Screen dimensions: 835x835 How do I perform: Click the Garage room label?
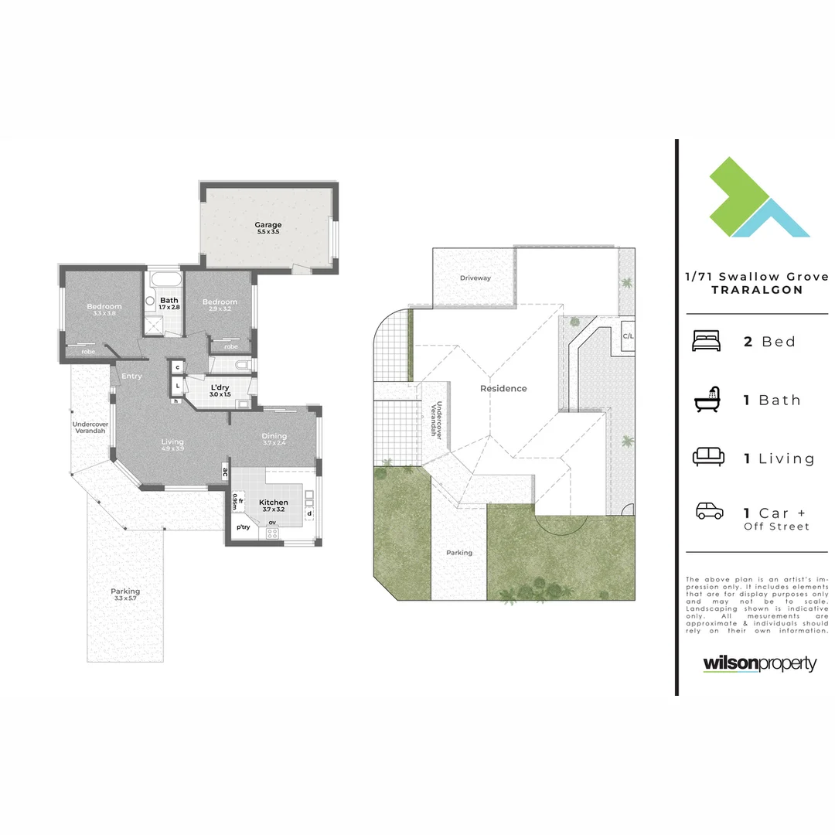point(268,225)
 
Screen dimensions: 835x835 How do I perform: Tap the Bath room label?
point(169,301)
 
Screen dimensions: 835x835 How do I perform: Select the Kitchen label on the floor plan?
point(274,503)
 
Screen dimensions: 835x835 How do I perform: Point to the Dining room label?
point(274,436)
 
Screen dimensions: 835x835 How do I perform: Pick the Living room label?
point(172,442)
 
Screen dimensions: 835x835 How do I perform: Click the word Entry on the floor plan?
point(131,377)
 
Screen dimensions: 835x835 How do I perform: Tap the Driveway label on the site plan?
point(475,278)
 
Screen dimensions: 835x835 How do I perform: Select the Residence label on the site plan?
point(503,389)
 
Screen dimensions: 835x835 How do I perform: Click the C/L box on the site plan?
point(628,336)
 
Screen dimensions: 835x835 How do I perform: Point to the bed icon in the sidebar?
point(705,341)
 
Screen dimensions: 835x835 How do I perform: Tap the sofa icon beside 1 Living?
point(707,458)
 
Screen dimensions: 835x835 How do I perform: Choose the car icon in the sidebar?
point(709,512)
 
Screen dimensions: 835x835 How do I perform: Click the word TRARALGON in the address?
point(757,290)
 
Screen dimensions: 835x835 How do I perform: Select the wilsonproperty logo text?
point(759,663)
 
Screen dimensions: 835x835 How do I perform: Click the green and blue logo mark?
point(758,196)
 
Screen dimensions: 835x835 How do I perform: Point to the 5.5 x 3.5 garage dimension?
point(268,232)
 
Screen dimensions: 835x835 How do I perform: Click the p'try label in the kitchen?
point(244,527)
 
